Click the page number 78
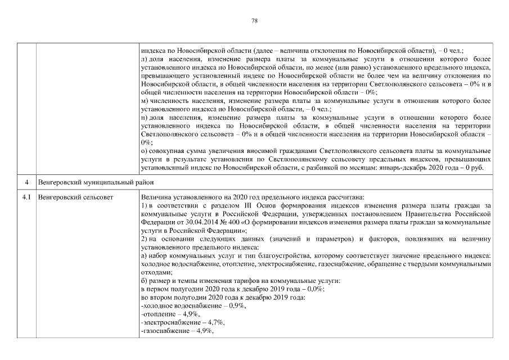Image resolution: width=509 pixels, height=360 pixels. [254, 21]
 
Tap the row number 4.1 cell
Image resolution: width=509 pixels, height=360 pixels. [26, 197]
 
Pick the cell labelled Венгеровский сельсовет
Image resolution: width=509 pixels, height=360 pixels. [75, 197]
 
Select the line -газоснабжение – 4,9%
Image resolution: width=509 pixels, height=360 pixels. [178, 331]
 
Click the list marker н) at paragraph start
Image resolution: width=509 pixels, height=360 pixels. [145, 118]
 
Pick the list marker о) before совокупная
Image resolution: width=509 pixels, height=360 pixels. [145, 152]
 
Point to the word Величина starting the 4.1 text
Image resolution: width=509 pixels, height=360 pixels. [155, 197]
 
